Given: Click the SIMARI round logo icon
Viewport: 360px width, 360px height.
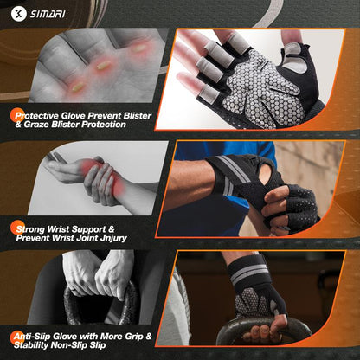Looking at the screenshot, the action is point(19,14).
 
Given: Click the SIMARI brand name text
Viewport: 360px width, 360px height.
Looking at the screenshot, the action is point(48,14).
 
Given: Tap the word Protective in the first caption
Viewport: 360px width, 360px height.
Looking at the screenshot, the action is point(36,116).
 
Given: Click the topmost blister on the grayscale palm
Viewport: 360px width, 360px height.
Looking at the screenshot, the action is point(138,48).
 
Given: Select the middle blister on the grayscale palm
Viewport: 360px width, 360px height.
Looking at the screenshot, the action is point(103,66).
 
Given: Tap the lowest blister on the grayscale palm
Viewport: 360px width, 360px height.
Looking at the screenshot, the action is point(78,87).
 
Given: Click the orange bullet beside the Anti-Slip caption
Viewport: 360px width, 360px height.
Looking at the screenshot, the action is point(17,338).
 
